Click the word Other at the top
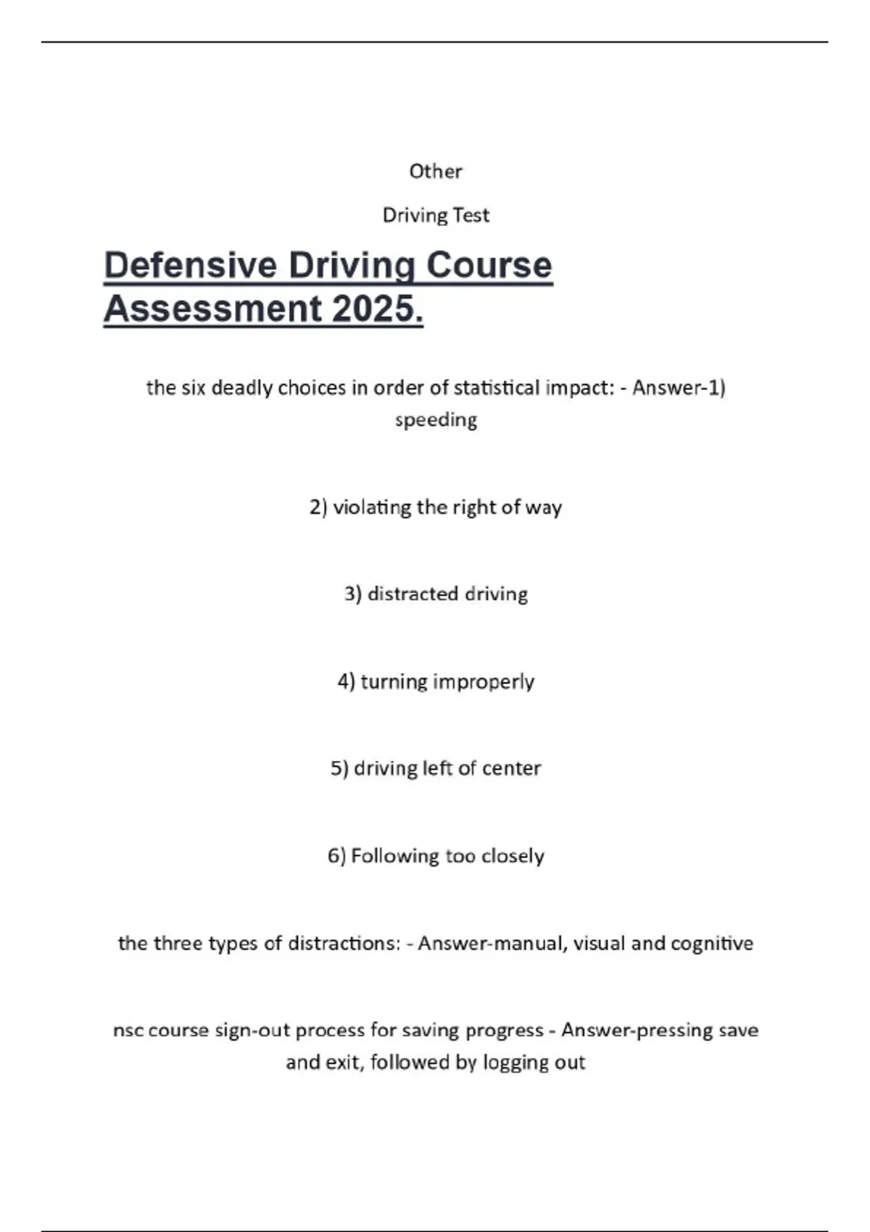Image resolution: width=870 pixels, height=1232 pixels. [435, 171]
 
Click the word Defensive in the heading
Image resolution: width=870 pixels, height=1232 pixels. [191, 265]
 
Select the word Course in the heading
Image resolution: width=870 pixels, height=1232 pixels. [489, 265]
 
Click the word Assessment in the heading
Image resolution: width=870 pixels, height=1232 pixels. [212, 309]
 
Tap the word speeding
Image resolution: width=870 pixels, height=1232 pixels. [436, 420]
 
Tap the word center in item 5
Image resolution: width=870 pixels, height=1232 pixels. [511, 768]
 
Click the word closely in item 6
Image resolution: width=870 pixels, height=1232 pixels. [513, 856]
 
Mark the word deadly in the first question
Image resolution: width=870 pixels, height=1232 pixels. [241, 388]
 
